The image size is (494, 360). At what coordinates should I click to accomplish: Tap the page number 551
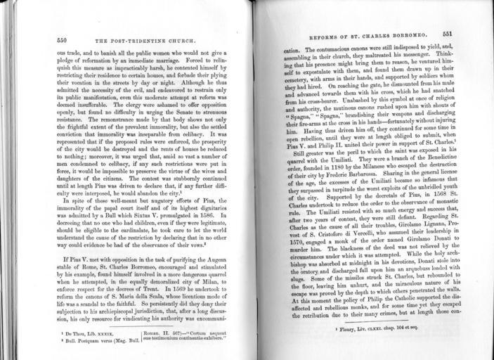pyautogui.click(x=450, y=34)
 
